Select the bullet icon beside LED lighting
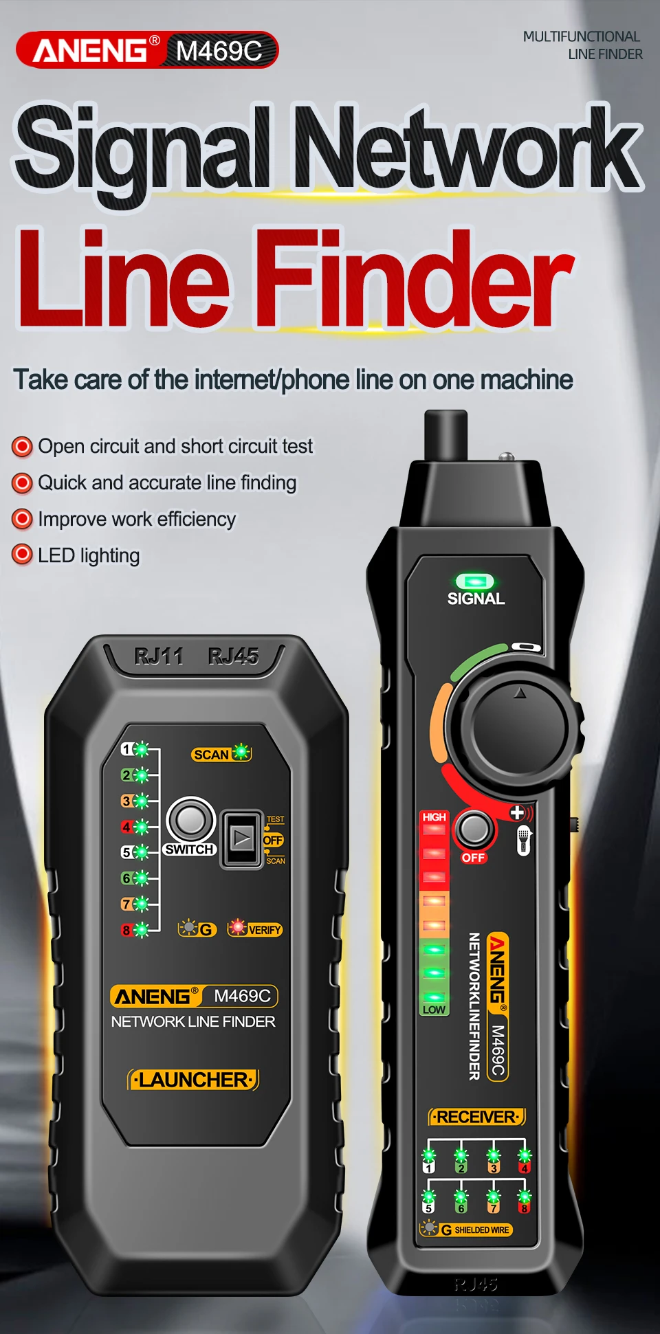[22, 555]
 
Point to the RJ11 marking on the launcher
[159, 657]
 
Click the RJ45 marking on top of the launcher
[234, 657]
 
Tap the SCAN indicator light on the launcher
[241, 753]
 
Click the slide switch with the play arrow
[241, 838]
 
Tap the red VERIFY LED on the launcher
[237, 928]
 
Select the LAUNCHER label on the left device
[194, 1080]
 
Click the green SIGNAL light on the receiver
[475, 582]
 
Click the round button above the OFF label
[474, 829]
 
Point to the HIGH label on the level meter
[434, 817]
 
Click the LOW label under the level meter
[434, 1010]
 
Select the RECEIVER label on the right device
[476, 1117]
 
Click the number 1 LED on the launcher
[142, 749]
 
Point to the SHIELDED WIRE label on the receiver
[481, 1230]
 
